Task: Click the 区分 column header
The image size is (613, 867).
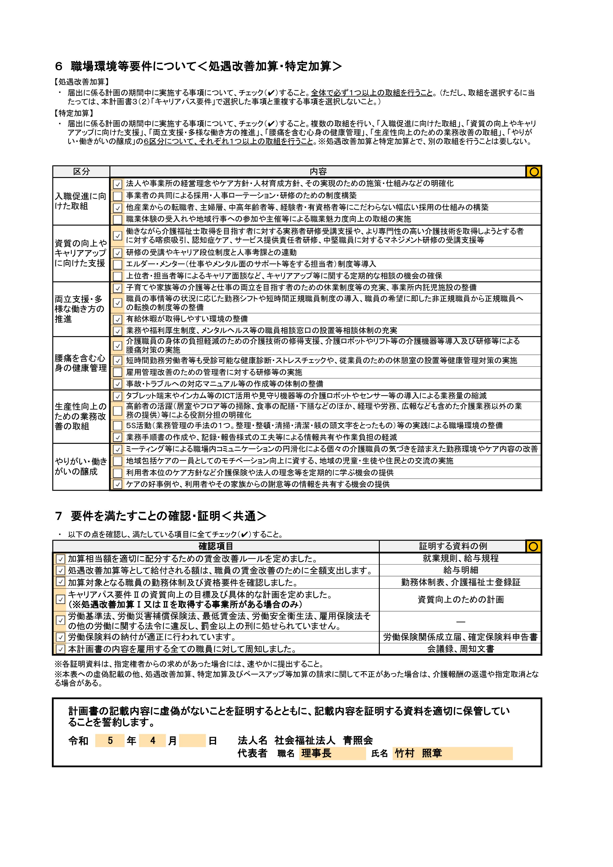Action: point(81,171)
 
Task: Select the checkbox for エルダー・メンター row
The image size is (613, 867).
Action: point(118,264)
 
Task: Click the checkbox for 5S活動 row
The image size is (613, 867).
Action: point(118,426)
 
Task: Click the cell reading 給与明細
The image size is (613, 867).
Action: point(460,570)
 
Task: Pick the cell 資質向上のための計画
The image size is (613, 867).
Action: point(460,600)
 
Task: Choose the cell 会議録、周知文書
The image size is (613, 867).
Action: point(460,649)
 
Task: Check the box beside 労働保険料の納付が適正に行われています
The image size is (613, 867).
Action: point(60,637)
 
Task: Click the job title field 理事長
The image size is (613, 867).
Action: point(332,754)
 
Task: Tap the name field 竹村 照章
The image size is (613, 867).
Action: point(452,754)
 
